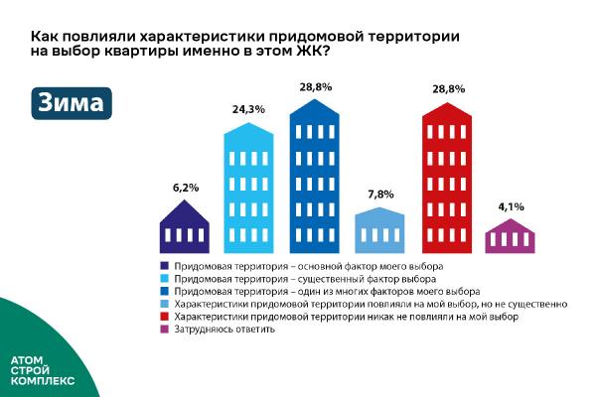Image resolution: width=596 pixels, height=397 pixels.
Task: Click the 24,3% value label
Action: tap(247, 109)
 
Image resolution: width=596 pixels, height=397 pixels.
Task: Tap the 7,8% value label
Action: tap(380, 195)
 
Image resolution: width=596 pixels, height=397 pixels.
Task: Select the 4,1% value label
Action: tap(510, 206)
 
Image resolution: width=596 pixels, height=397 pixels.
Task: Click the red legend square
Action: tap(164, 316)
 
